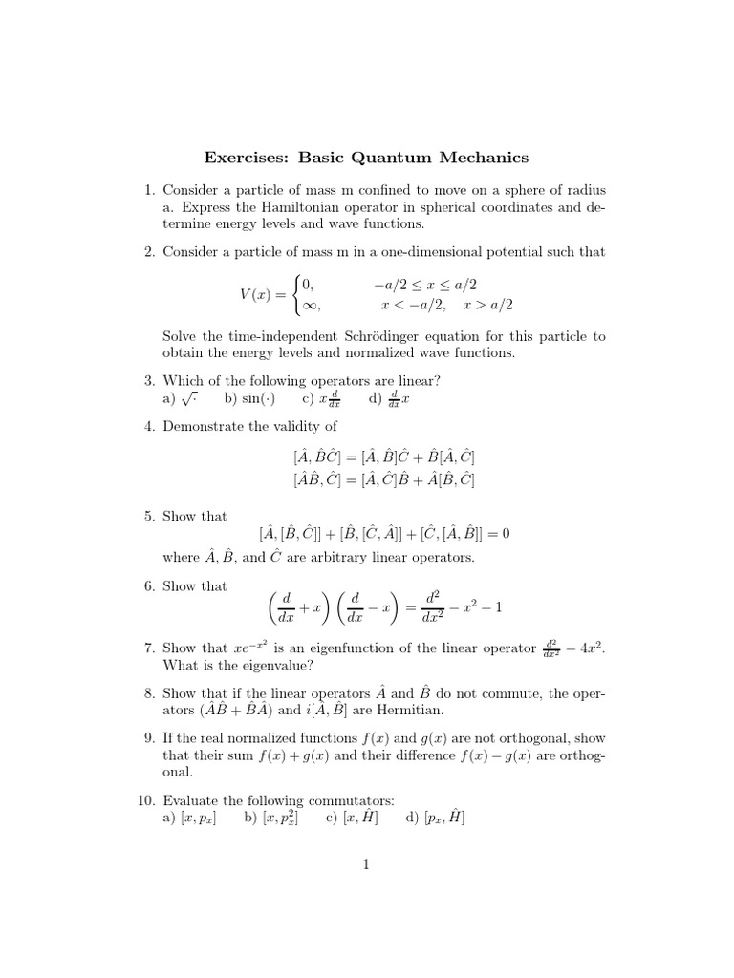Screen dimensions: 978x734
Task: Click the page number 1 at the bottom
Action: point(366,865)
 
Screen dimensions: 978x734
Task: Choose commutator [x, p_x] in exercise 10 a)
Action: point(198,819)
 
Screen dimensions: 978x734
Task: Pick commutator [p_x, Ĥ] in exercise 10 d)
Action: point(444,819)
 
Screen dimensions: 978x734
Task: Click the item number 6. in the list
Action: point(150,586)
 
